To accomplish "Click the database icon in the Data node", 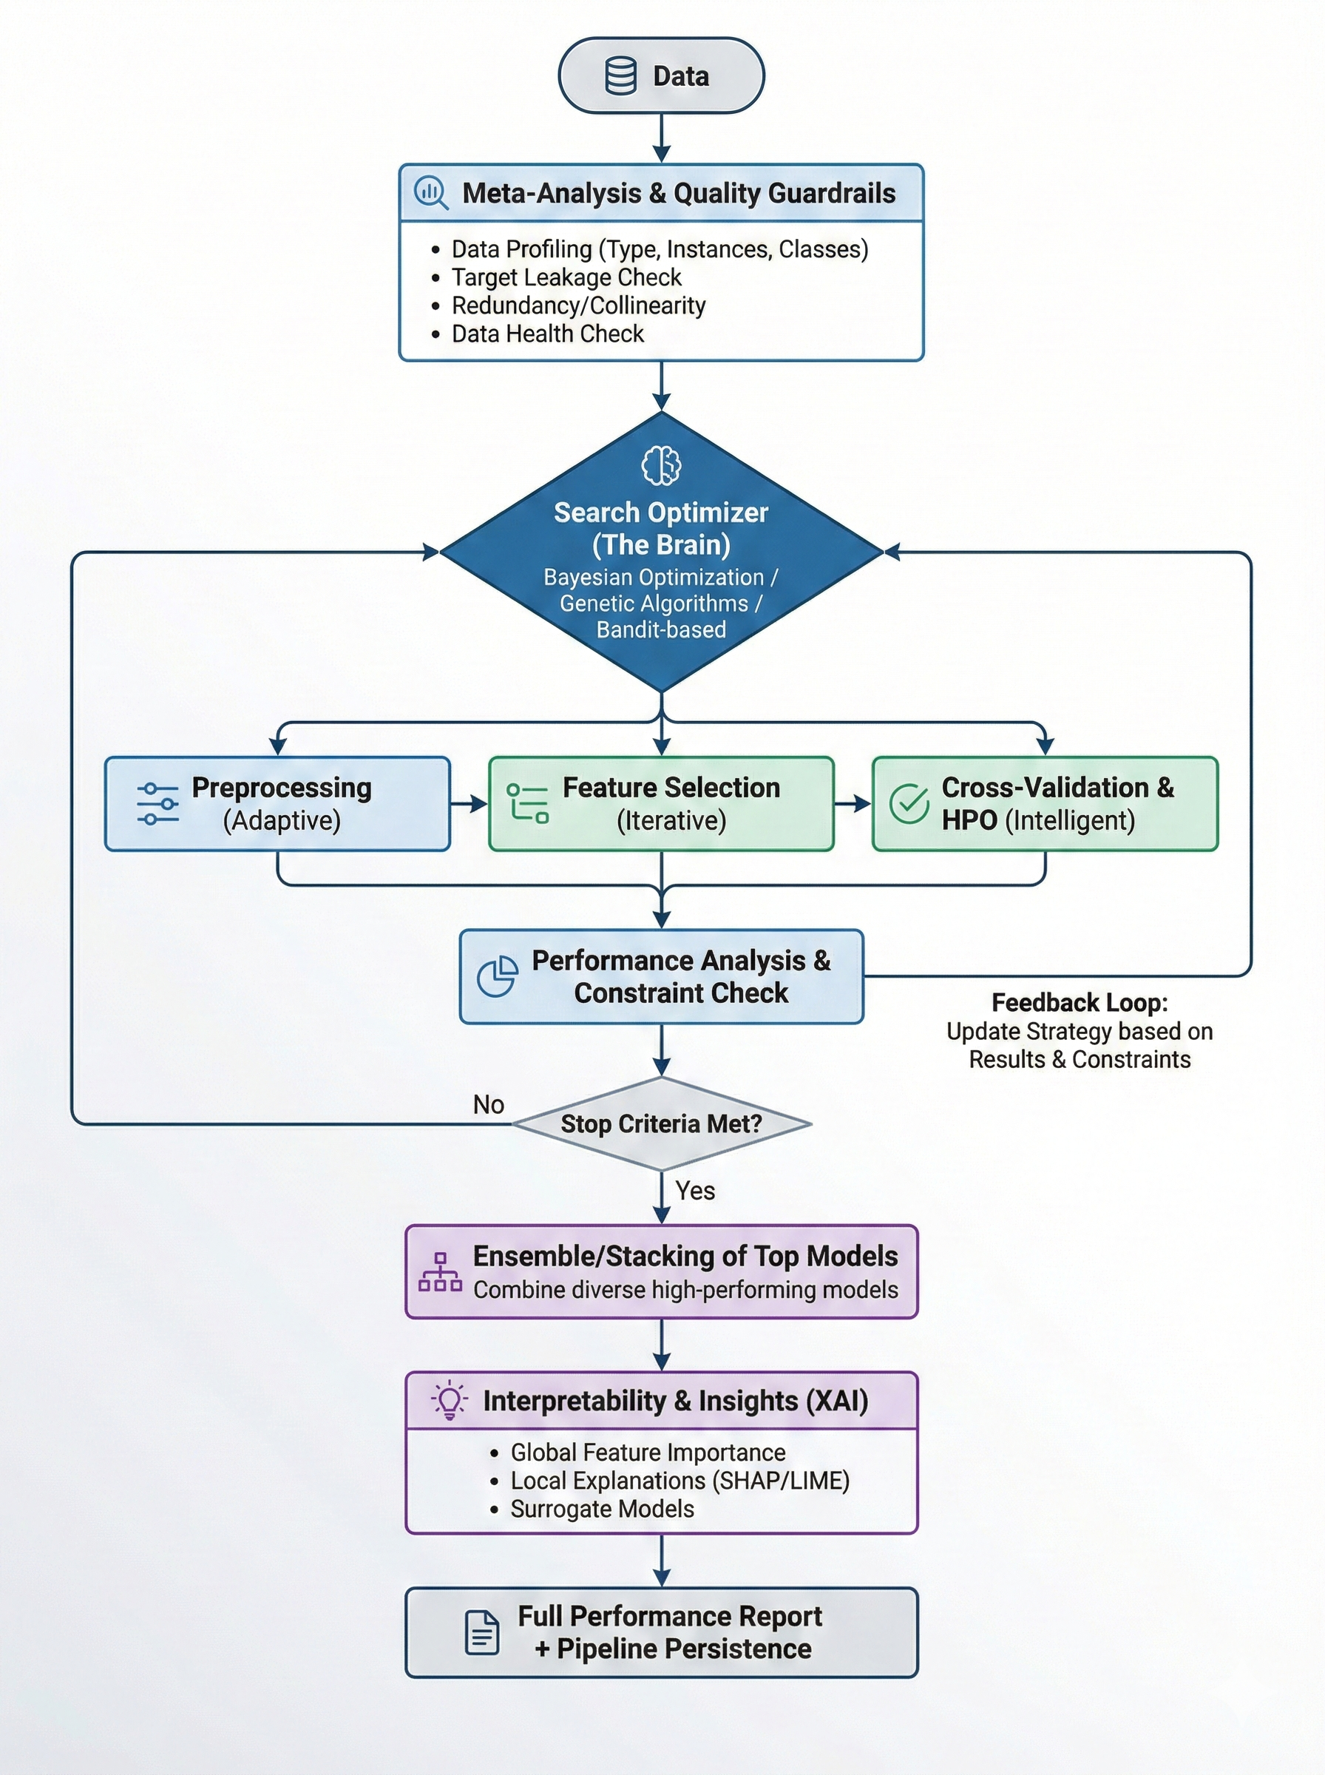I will tap(620, 76).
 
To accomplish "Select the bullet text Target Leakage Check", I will tap(566, 277).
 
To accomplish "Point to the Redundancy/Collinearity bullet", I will tap(577, 305).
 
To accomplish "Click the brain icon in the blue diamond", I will tap(661, 465).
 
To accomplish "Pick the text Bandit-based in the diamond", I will tap(661, 629).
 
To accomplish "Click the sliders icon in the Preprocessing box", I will tap(157, 804).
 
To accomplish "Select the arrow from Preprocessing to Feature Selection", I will tap(470, 803).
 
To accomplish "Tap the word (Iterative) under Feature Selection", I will tap(671, 820).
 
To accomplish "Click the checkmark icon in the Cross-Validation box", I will tap(909, 804).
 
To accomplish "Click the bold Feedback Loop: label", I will tap(1079, 1003).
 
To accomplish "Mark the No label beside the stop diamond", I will tap(489, 1104).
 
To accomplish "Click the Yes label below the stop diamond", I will tap(694, 1190).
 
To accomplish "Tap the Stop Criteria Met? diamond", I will tap(661, 1123).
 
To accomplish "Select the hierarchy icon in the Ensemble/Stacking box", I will tap(439, 1272).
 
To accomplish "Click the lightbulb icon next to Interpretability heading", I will tap(449, 1401).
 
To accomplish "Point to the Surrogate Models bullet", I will tap(602, 1509).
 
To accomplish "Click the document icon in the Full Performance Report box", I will tap(482, 1632).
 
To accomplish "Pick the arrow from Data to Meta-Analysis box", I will tap(661, 138).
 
